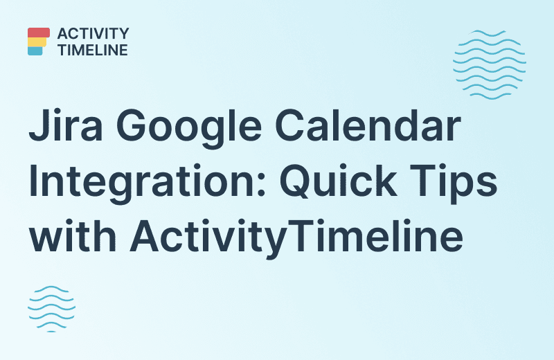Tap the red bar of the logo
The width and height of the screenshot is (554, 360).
(39, 33)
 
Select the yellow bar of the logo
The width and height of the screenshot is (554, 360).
(37, 42)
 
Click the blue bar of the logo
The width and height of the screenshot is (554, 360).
(35, 51)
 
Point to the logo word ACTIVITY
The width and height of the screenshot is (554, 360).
(93, 34)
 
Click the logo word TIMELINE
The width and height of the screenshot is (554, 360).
(93, 50)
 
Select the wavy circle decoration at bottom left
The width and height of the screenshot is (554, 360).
(51, 307)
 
